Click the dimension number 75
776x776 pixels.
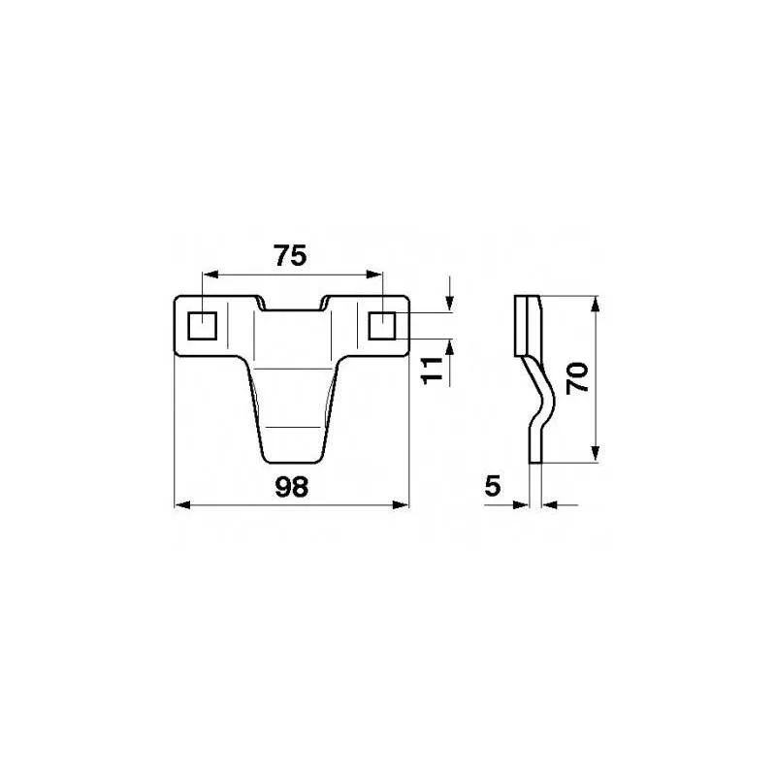click(x=290, y=256)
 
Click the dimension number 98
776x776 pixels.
click(x=290, y=487)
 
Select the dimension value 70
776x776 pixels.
click(x=578, y=375)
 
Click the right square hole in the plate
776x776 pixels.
click(x=383, y=325)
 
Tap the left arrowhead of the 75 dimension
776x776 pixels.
click(x=209, y=274)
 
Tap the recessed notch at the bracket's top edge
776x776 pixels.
click(x=291, y=303)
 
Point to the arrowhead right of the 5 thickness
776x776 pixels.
click(x=552, y=504)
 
